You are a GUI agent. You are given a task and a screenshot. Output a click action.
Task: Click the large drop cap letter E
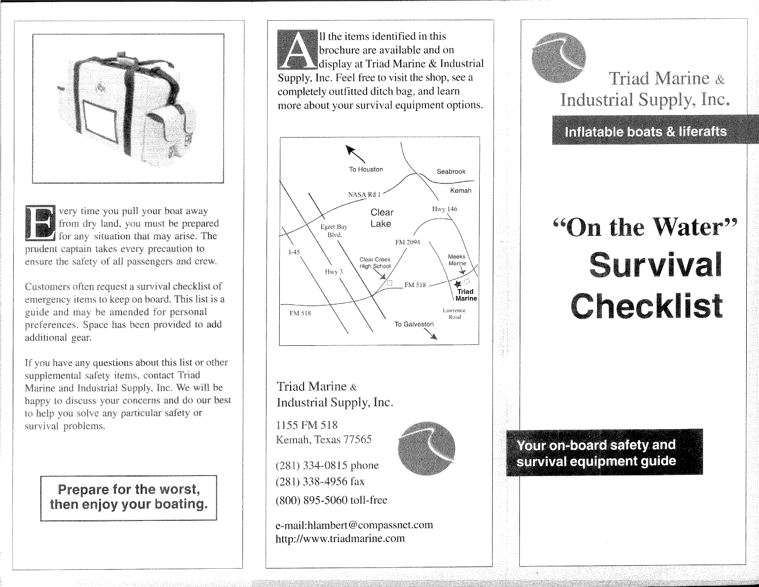click(39, 223)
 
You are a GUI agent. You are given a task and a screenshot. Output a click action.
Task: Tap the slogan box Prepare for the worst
click(128, 497)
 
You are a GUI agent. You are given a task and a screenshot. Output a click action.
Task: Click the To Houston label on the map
click(366, 169)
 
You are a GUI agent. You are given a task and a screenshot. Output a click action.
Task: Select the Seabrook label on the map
click(451, 172)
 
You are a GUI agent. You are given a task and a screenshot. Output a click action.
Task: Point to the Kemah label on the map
click(460, 190)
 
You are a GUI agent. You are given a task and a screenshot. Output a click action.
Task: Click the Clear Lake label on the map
click(381, 218)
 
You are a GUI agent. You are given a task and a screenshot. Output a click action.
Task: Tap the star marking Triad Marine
click(457, 284)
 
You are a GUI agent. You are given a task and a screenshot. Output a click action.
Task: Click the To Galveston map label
click(414, 324)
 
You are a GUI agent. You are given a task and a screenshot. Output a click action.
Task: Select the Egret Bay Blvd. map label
click(334, 230)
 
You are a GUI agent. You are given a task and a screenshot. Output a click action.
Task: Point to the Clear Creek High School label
click(375, 263)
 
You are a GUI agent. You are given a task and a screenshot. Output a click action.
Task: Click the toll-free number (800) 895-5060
click(331, 500)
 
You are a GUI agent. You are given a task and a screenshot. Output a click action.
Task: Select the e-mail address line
click(354, 525)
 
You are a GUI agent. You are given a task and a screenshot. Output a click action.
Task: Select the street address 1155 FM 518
click(306, 425)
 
